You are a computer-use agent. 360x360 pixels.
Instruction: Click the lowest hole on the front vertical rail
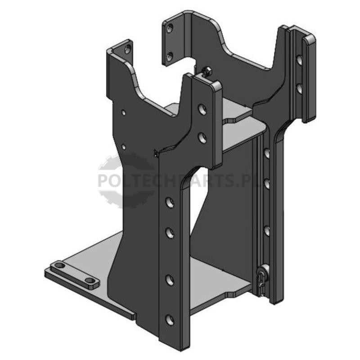[x=170, y=320]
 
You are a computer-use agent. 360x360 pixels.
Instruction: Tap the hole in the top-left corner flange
[x=128, y=49]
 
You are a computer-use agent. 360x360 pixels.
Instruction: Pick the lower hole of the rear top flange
[x=170, y=56]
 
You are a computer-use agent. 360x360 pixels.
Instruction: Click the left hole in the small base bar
[x=60, y=265]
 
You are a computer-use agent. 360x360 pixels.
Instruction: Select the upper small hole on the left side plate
[x=123, y=112]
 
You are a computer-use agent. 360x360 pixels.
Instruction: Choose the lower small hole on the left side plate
[x=123, y=147]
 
